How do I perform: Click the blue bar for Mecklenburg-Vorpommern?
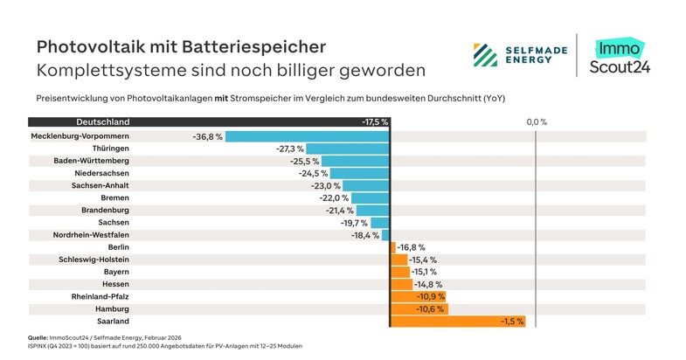(x=307, y=136)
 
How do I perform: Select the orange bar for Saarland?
(x=458, y=321)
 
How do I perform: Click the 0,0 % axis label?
(x=537, y=121)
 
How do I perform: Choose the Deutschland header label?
(x=103, y=121)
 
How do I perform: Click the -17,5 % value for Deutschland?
(x=374, y=121)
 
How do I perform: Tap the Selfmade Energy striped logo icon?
(x=487, y=55)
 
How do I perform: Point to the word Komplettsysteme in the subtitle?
(x=104, y=69)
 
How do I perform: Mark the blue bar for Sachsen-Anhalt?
(x=366, y=186)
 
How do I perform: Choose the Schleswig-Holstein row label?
(x=94, y=260)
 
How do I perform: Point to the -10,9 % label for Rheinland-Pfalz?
(x=429, y=297)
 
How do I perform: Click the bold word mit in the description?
(x=222, y=98)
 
